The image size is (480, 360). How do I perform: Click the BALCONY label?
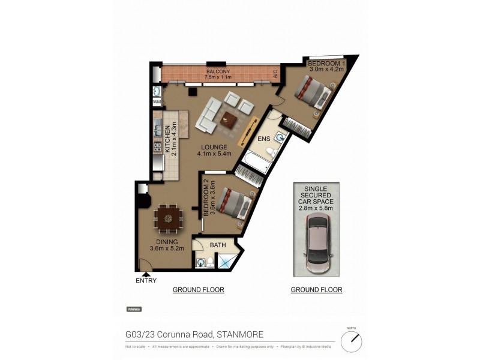215,64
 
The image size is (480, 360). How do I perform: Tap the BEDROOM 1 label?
326,62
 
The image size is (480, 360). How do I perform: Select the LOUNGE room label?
214,147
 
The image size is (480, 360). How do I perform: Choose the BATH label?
217,245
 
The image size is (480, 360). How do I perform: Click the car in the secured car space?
316,244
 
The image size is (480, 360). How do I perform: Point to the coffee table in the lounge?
228,120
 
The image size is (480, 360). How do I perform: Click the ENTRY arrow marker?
146,274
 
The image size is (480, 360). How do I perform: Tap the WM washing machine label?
157,103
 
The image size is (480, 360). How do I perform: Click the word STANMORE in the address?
239,335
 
